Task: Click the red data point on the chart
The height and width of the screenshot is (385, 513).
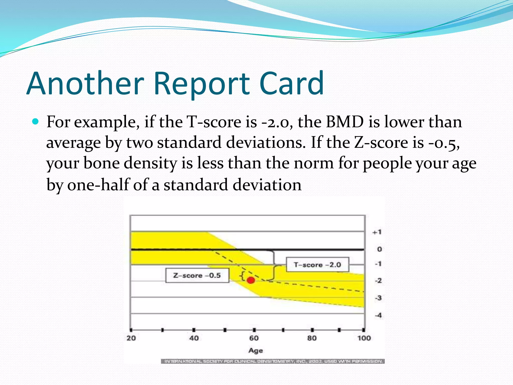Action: (251, 280)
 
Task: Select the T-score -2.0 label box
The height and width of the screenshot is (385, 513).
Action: (317, 265)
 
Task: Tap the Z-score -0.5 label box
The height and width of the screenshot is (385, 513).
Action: (197, 275)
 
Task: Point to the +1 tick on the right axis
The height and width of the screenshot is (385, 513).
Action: (377, 232)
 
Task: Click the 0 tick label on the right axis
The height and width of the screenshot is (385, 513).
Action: (379, 249)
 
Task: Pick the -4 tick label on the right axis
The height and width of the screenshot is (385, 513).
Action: (378, 315)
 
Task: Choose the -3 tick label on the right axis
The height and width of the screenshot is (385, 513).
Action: (378, 298)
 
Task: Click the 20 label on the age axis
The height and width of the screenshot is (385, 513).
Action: (131, 338)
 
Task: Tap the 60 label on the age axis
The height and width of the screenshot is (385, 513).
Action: (254, 338)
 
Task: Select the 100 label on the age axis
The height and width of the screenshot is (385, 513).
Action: (364, 338)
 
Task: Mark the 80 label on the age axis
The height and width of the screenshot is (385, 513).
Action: (312, 338)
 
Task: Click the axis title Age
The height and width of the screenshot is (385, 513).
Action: (255, 350)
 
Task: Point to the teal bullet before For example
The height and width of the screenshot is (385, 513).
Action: (36, 122)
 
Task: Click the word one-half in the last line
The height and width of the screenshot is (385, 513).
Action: (98, 185)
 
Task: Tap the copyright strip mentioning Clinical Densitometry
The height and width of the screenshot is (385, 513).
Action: (273, 361)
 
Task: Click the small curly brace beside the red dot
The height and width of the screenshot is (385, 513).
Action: (242, 276)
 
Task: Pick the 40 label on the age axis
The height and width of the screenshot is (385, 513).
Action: (194, 338)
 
